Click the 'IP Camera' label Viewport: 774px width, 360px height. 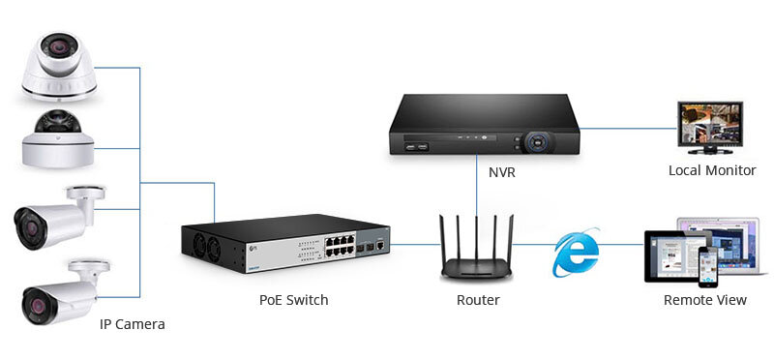click(133, 324)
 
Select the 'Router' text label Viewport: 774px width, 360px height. click(478, 300)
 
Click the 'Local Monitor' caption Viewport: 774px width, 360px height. click(711, 170)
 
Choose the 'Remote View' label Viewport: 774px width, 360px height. click(704, 300)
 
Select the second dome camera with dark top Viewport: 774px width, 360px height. click(58, 136)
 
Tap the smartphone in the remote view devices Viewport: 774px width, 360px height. click(710, 266)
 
